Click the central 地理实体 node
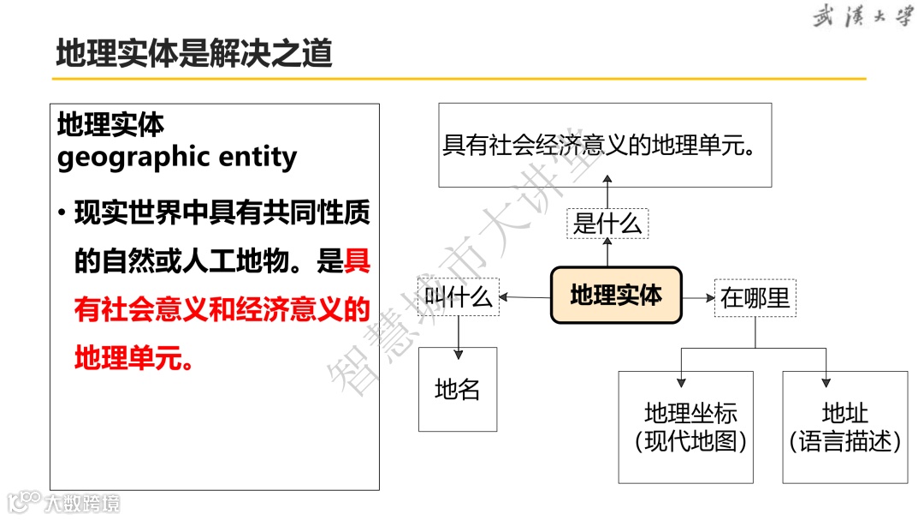point(616,296)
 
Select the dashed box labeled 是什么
point(607,224)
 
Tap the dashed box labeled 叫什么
point(459,296)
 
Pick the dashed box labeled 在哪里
point(755,298)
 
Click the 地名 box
point(458,390)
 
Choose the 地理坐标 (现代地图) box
point(686,427)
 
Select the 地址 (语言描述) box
point(844,427)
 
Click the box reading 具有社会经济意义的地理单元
point(605,146)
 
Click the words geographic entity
point(177,158)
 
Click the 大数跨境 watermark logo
point(65,502)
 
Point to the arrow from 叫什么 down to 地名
point(459,334)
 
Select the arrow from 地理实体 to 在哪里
point(700,298)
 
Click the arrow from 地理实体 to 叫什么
point(524,297)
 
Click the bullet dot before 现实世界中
point(62,212)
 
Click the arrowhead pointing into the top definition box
point(607,179)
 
